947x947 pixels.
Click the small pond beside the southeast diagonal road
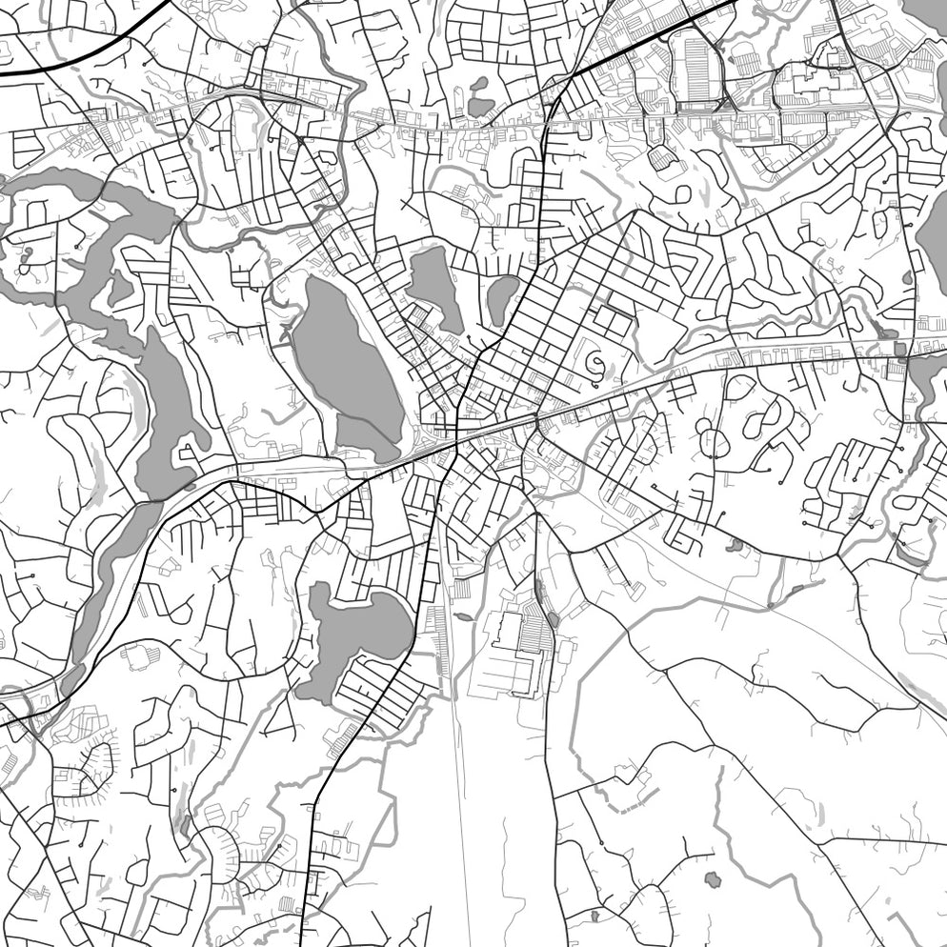[x=735, y=545]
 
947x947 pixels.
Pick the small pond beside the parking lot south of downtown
[x=554, y=620]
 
